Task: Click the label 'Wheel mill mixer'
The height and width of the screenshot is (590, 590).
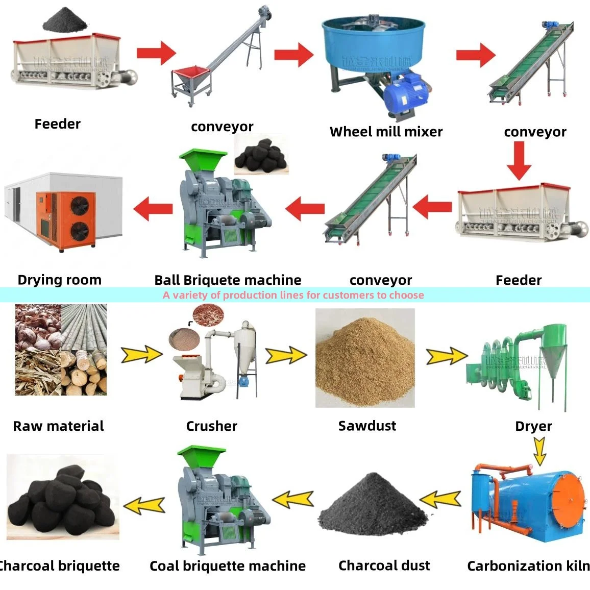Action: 386,132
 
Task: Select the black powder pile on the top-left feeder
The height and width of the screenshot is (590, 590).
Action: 64,21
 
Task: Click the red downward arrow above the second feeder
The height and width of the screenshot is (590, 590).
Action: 519,160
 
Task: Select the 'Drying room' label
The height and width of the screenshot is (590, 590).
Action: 59,280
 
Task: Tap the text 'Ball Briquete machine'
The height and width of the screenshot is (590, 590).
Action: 228,280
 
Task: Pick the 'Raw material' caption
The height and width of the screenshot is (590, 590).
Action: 58,426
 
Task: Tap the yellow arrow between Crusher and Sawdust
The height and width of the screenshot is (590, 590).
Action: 285,355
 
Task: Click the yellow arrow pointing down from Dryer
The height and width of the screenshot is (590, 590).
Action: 539,451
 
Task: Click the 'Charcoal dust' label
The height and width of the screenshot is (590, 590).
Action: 384,566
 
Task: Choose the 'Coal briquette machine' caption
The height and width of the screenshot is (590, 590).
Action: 228,566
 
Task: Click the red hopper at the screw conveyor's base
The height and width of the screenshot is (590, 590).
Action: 190,75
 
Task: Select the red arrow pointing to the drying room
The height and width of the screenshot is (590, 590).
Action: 153,208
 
